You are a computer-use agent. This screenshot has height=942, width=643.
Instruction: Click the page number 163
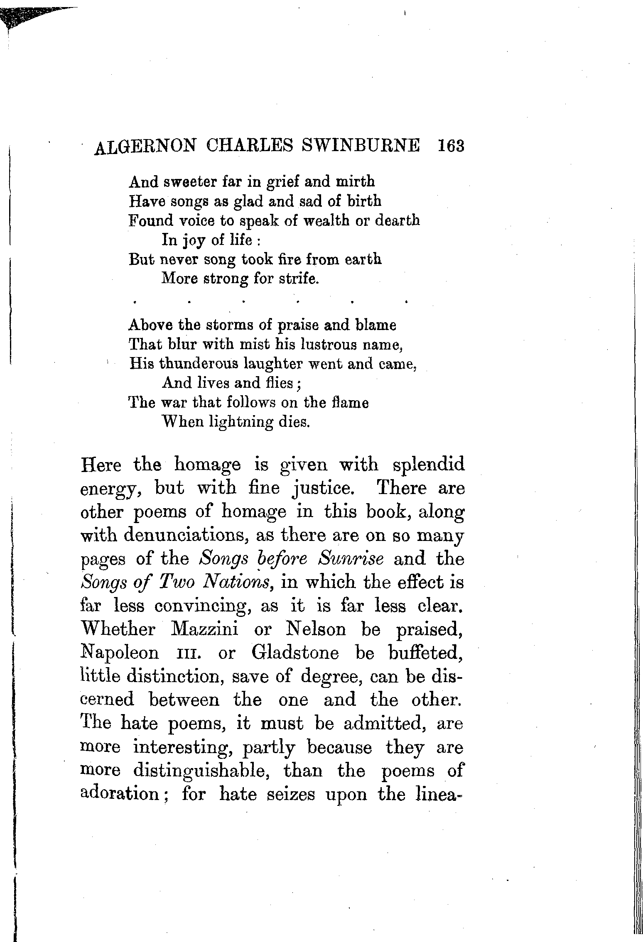[450, 146]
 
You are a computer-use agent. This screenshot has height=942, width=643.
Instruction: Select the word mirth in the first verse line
[356, 181]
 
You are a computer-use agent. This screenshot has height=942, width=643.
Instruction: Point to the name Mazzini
[204, 629]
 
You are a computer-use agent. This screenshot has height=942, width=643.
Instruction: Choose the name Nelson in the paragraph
[316, 629]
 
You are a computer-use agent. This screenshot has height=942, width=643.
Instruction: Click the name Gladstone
[295, 653]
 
